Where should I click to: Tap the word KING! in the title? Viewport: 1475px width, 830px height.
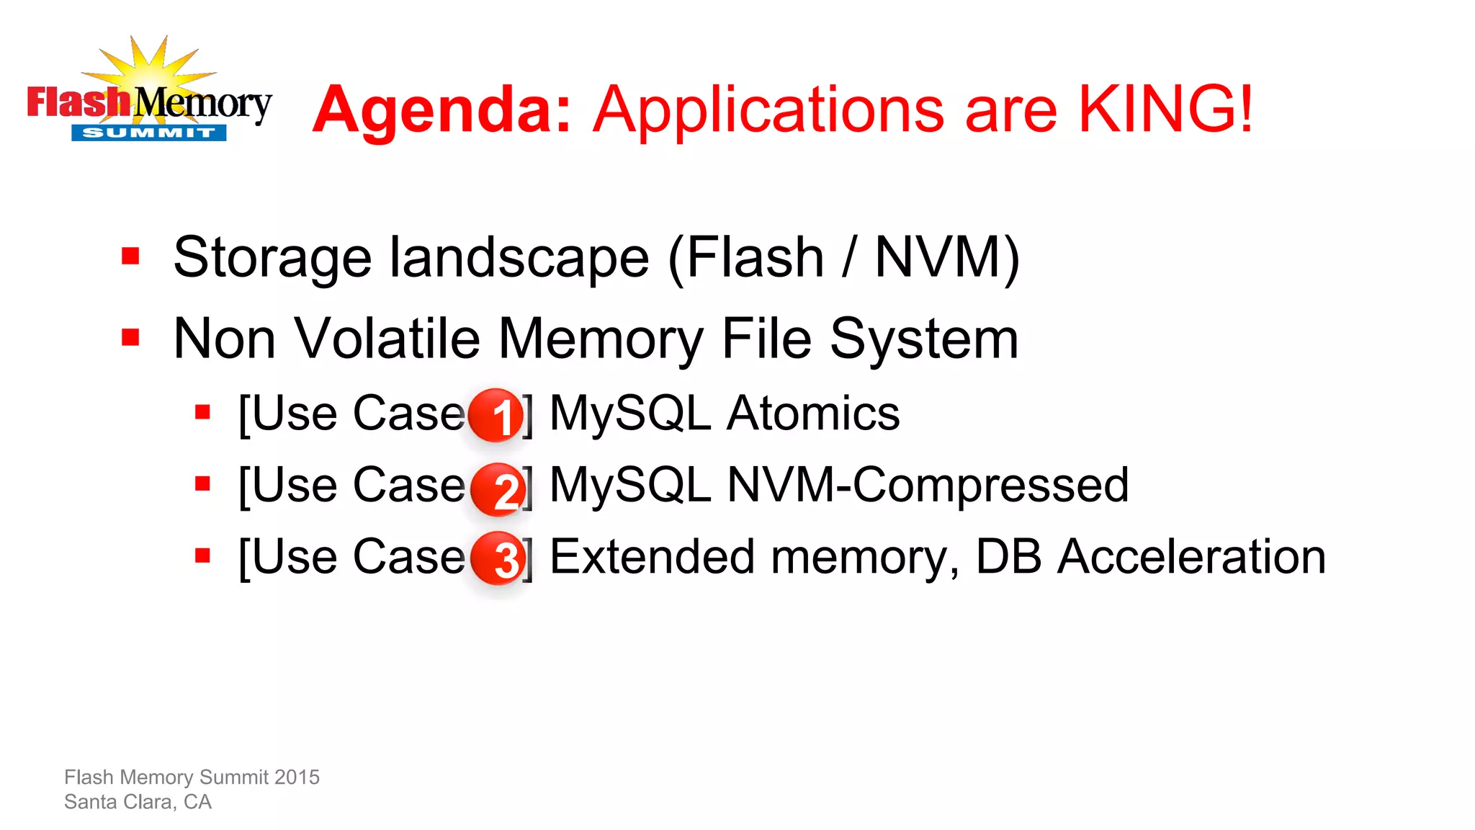point(1165,110)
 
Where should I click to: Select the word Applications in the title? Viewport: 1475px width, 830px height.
point(768,111)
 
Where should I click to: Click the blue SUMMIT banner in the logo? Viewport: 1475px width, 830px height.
point(148,133)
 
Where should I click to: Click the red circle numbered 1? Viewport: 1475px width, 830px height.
point(497,415)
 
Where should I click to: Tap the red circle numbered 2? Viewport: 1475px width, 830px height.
point(498,489)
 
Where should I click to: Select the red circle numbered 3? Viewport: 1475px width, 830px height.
point(498,558)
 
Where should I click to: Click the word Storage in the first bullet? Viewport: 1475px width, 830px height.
point(272,258)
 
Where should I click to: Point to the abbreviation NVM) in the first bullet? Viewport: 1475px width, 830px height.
point(946,257)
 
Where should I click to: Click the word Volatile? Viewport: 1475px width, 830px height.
point(387,339)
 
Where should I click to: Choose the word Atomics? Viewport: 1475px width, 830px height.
point(813,414)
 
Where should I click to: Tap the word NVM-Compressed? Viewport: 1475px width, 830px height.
point(928,485)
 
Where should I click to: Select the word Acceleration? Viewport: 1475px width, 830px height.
point(1191,557)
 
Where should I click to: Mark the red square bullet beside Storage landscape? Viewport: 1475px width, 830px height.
point(130,256)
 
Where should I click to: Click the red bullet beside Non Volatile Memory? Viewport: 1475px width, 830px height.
point(130,337)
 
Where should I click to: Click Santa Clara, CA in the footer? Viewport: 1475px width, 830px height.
point(138,802)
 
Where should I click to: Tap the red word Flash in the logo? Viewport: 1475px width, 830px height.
point(78,102)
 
